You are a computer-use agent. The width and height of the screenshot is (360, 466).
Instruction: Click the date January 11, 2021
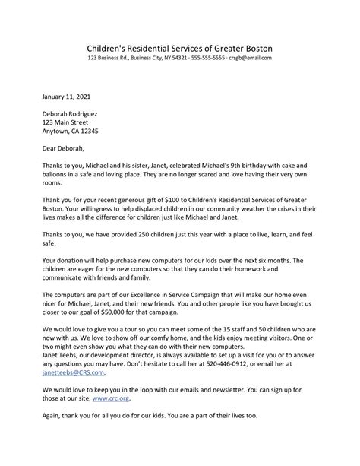click(66, 97)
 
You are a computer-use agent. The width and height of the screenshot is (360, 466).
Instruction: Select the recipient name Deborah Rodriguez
click(74, 113)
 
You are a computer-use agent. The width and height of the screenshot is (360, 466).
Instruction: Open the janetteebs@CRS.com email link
click(74, 373)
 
